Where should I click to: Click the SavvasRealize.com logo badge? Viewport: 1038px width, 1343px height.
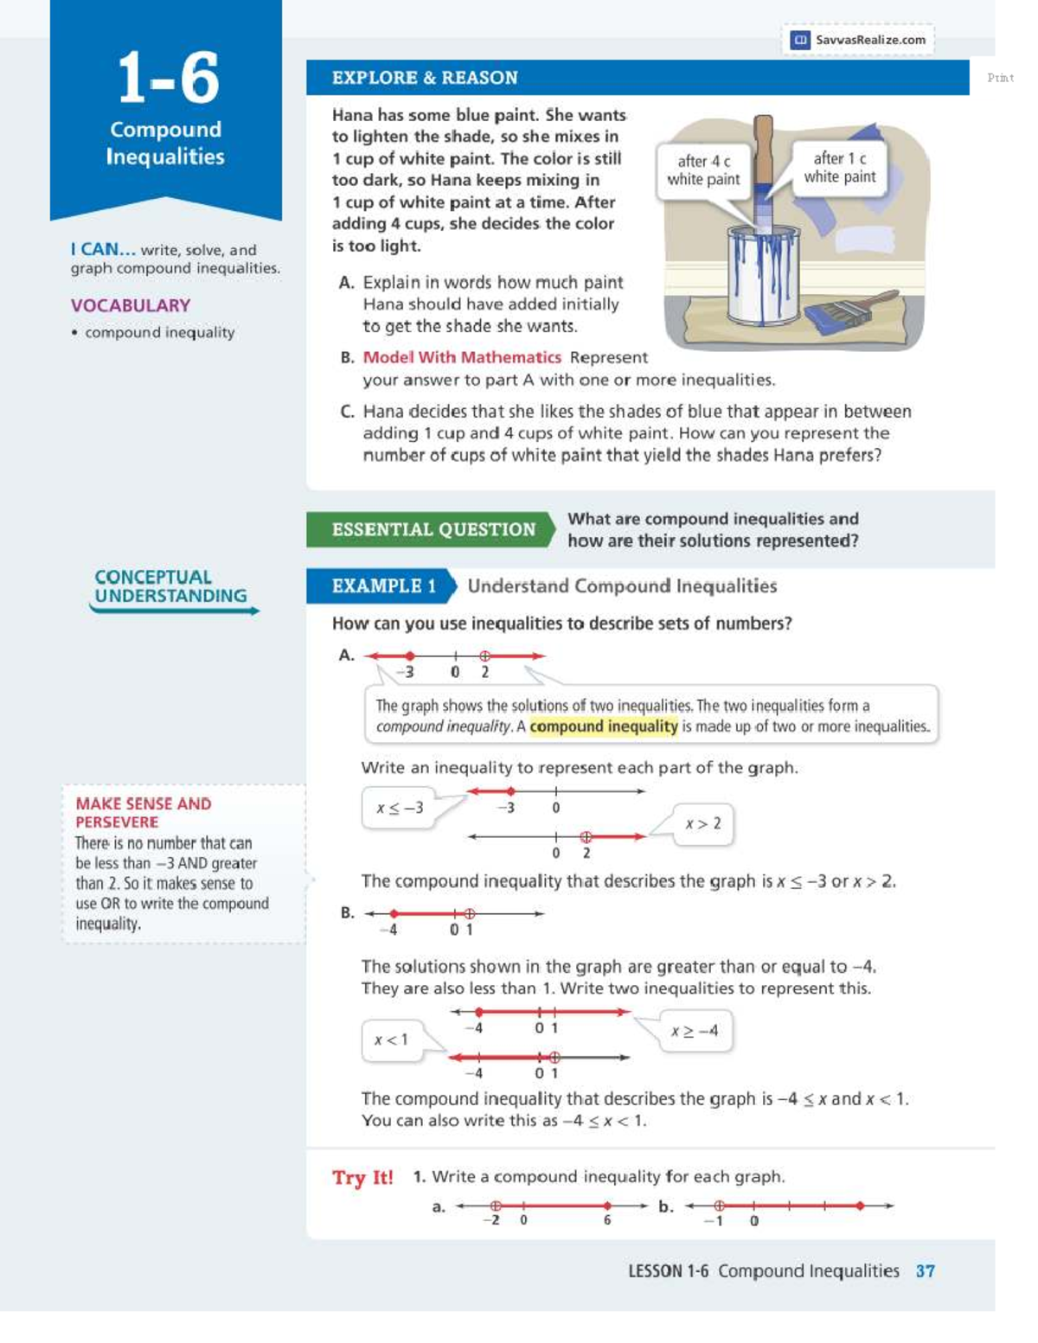(x=858, y=40)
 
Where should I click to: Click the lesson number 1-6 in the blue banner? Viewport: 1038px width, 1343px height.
(x=168, y=78)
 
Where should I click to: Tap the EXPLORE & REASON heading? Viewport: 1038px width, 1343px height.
(x=425, y=78)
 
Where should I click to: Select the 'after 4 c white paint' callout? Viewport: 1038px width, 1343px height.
(x=703, y=170)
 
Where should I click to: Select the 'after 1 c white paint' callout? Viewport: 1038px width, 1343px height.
(x=839, y=168)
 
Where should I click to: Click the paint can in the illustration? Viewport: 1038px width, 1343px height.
(x=763, y=274)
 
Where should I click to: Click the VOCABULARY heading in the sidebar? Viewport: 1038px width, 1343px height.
(x=131, y=305)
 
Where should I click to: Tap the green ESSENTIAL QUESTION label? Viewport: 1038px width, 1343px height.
(x=432, y=529)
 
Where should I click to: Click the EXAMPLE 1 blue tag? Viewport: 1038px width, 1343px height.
(x=383, y=586)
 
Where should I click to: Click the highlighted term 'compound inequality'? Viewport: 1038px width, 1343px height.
(x=604, y=726)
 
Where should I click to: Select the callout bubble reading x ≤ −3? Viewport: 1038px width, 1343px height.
(x=400, y=809)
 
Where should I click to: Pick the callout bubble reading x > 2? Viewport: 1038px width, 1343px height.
(x=702, y=824)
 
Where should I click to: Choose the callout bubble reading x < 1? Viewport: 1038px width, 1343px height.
(x=391, y=1039)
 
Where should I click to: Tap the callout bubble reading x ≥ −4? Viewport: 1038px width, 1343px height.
(x=695, y=1031)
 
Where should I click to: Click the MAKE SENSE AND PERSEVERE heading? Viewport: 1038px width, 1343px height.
(x=143, y=813)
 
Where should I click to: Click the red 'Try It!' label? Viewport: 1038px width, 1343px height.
(x=362, y=1178)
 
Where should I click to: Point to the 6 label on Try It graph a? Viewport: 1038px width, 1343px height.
(x=607, y=1220)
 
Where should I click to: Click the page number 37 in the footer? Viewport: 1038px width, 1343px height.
(x=925, y=1271)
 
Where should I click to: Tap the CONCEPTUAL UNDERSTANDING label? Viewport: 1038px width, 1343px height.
(x=170, y=586)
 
